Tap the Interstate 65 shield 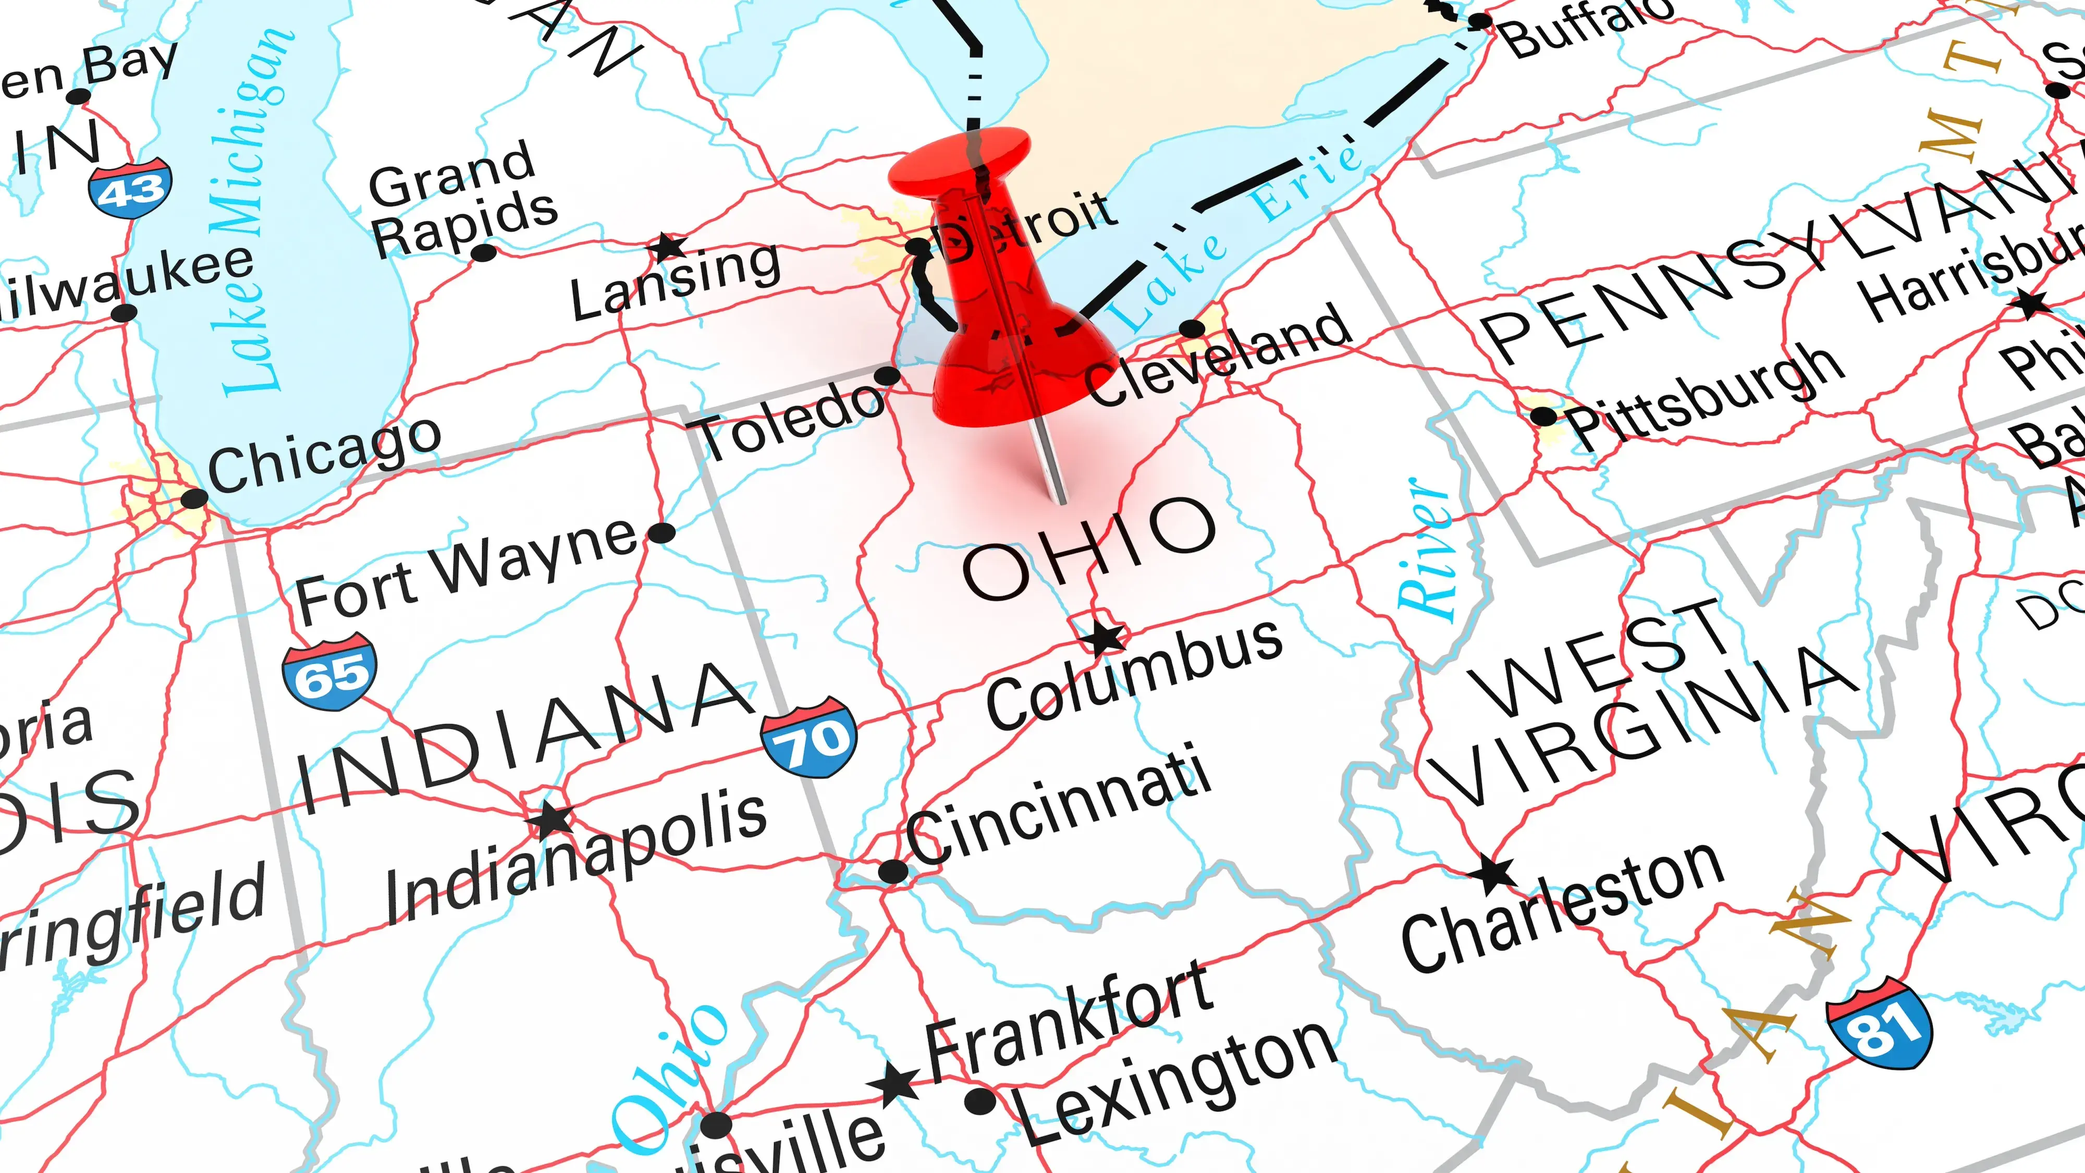pyautogui.click(x=329, y=672)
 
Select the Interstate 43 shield pyautogui.click(x=130, y=189)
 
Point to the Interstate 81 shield pyautogui.click(x=1880, y=1024)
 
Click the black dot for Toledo pyautogui.click(x=887, y=375)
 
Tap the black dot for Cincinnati pyautogui.click(x=893, y=872)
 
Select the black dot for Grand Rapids pyautogui.click(x=483, y=252)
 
